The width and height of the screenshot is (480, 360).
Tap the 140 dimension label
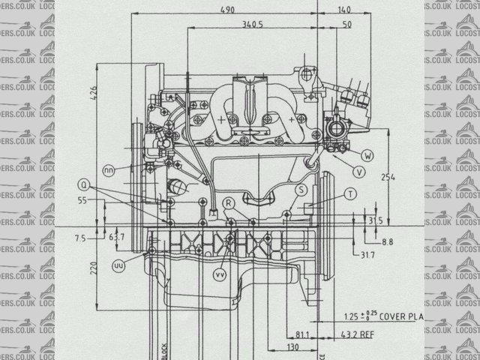point(343,10)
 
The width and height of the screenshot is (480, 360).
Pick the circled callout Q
point(84,184)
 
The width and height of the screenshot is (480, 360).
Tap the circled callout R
point(229,202)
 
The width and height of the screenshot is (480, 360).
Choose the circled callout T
point(350,194)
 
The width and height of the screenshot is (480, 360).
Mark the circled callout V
point(359,172)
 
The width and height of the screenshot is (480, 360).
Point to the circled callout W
point(367,155)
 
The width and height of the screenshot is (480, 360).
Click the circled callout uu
point(118,265)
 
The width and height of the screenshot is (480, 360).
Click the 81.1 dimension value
point(304,334)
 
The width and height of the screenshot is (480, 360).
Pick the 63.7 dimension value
point(116,238)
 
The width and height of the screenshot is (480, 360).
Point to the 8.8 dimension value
point(387,242)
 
